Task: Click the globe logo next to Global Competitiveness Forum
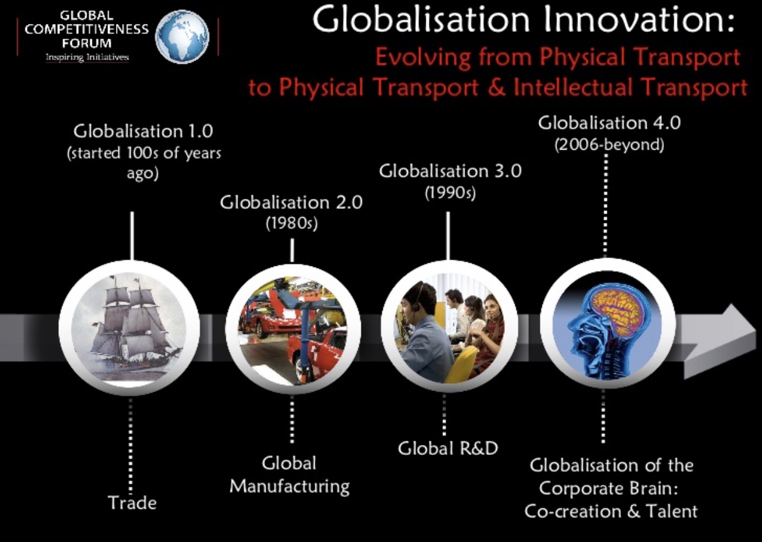[x=182, y=37]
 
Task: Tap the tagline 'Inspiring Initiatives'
[x=87, y=57]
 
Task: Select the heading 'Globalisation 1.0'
[x=143, y=131]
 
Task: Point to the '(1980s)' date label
[x=291, y=223]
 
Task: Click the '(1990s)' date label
[x=450, y=193]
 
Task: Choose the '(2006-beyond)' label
[x=609, y=145]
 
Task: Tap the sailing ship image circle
[x=129, y=328]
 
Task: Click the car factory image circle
[x=293, y=329]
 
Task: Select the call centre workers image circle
[x=449, y=326]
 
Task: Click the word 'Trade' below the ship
[x=133, y=503]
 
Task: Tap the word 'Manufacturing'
[x=290, y=486]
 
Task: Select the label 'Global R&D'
[x=448, y=449]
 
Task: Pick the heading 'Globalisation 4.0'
[x=609, y=123]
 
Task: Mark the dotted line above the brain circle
[x=605, y=206]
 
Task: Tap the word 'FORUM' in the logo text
[x=87, y=44]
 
